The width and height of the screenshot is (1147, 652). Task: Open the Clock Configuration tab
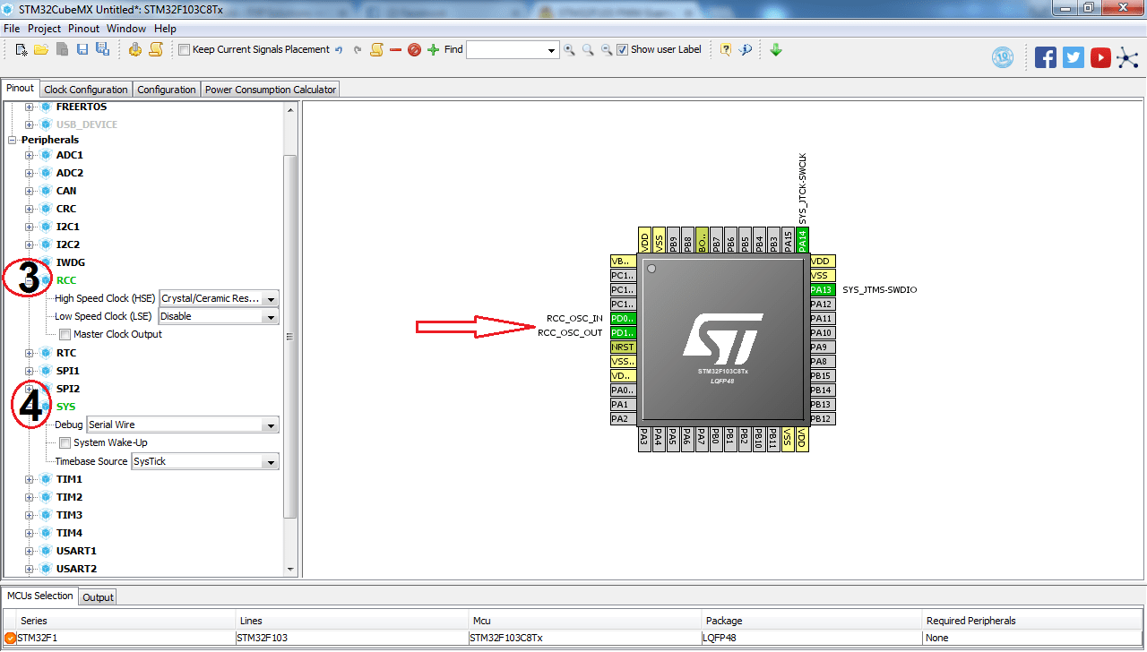86,90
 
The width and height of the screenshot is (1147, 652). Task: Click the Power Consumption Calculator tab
270,90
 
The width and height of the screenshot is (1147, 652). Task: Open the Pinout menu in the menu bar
84,29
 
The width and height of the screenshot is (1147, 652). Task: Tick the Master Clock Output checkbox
65,335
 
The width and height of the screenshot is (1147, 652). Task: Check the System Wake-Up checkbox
65,443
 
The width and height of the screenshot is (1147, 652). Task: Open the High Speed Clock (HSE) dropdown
219,298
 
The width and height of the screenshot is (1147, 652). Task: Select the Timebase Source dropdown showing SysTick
205,462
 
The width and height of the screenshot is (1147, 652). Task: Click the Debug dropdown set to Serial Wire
183,425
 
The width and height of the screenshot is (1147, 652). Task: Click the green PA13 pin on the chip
822,290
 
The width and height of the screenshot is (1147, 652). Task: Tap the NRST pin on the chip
622,347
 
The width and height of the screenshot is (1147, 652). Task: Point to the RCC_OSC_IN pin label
574,319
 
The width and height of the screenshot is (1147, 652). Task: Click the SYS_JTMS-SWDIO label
879,290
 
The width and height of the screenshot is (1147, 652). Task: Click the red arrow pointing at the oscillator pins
475,327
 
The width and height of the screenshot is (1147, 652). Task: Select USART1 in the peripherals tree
76,551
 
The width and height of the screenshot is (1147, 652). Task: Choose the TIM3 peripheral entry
69,515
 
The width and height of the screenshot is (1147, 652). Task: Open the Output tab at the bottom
98,597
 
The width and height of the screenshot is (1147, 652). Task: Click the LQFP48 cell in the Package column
720,638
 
